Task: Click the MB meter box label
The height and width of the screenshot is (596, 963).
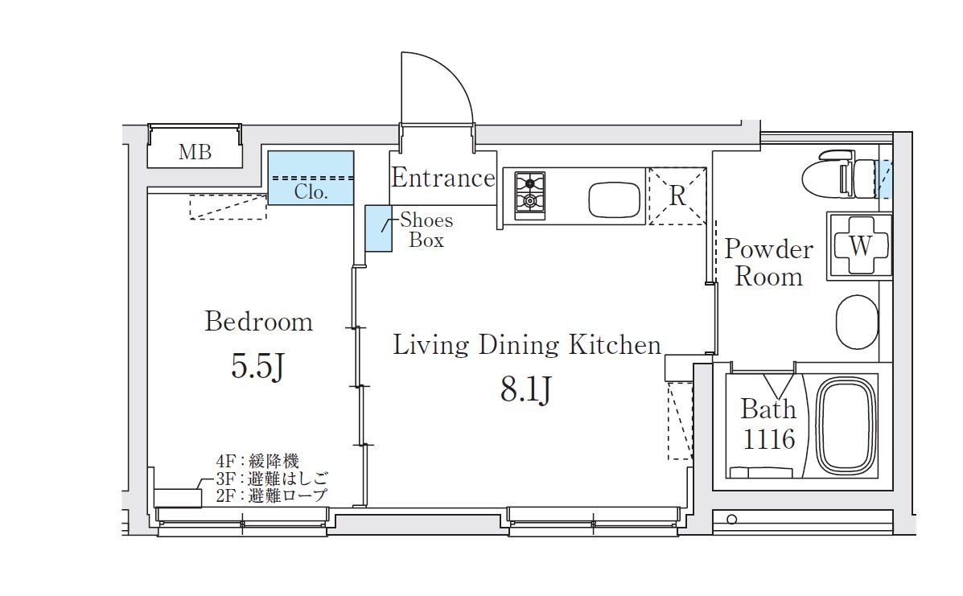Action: click(195, 151)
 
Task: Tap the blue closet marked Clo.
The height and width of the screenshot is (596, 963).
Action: click(311, 178)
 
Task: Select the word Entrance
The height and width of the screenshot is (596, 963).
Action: click(442, 178)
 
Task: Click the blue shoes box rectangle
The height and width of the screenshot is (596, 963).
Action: click(378, 228)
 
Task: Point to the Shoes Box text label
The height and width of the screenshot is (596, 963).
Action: click(426, 229)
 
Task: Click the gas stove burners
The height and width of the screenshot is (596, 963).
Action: click(530, 192)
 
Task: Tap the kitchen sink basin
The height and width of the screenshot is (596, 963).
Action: click(614, 199)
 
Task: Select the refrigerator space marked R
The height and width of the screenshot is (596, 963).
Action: click(677, 195)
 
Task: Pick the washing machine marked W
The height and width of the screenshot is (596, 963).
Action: click(860, 245)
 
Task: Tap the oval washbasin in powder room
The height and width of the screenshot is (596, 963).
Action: click(857, 322)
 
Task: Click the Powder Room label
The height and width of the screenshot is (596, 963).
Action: click(769, 262)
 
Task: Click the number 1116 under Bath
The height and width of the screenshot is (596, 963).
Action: click(769, 439)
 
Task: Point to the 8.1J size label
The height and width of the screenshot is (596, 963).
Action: click(525, 389)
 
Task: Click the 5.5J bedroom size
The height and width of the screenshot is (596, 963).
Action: click(257, 367)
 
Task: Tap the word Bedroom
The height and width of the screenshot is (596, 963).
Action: click(258, 321)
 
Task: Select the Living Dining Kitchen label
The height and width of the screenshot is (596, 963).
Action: click(526, 344)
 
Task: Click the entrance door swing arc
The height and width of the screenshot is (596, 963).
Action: click(455, 74)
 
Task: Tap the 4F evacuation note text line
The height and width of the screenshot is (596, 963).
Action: click(257, 460)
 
